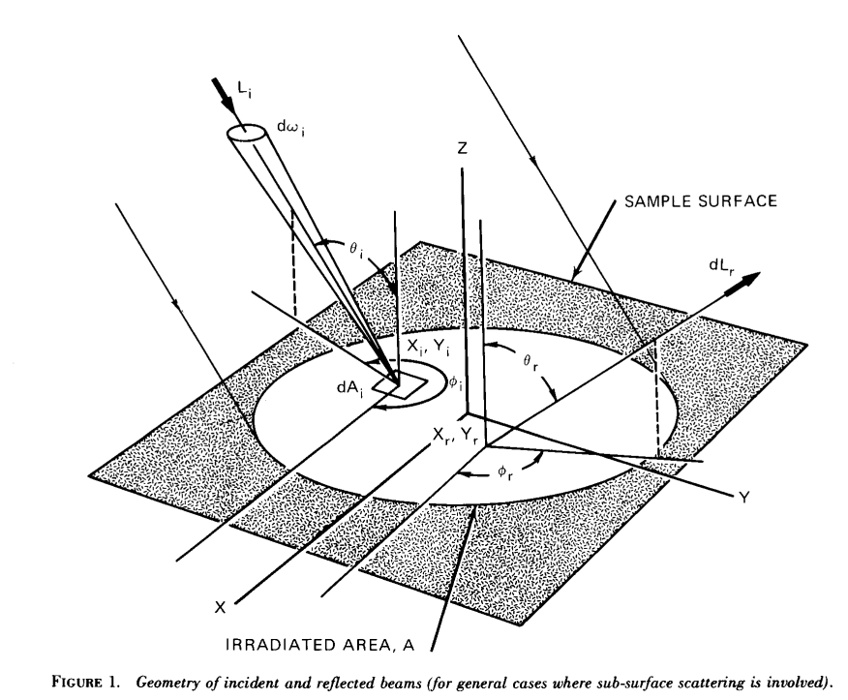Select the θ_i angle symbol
[355, 248]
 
